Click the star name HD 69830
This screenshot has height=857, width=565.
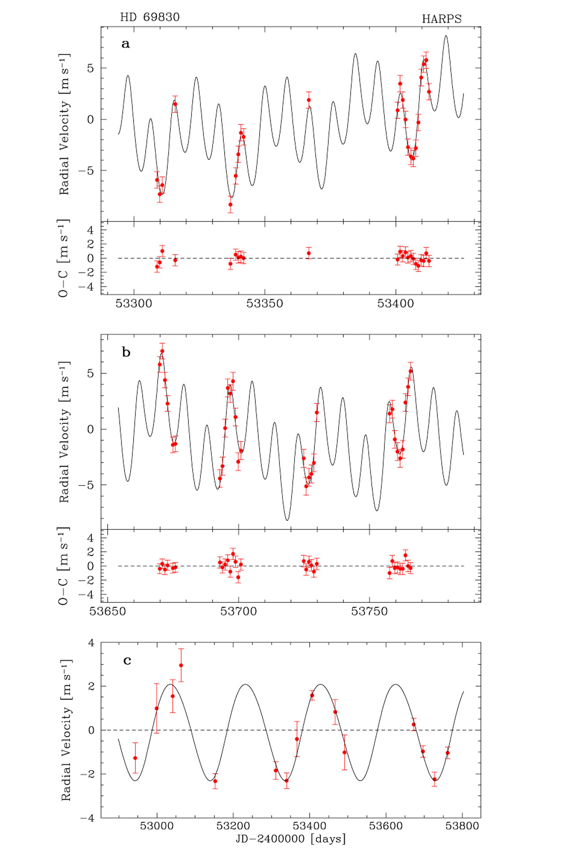pyautogui.click(x=150, y=17)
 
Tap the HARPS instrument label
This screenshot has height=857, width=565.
pyautogui.click(x=441, y=19)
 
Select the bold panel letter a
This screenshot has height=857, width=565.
pyautogui.click(x=126, y=44)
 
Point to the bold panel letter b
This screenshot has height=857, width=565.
pyautogui.click(x=126, y=352)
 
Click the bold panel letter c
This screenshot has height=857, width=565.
pyautogui.click(x=127, y=660)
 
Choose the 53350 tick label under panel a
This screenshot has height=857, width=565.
pyautogui.click(x=265, y=303)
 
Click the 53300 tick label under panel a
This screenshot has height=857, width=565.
pyautogui.click(x=134, y=303)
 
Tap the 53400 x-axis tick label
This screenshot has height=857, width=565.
pyautogui.click(x=395, y=303)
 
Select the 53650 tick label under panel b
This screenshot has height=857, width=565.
pyautogui.click(x=108, y=611)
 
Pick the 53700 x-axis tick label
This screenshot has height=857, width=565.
pyautogui.click(x=238, y=611)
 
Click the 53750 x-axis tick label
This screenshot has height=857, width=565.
pyautogui.click(x=369, y=611)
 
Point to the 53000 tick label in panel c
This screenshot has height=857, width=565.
pyautogui.click(x=157, y=826)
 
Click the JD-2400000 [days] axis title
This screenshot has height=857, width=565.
pyautogui.click(x=290, y=838)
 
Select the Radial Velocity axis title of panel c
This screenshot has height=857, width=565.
pyautogui.click(x=66, y=730)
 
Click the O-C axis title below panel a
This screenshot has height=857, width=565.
pyautogui.click(x=64, y=258)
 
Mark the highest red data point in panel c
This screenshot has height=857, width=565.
pyautogui.click(x=181, y=665)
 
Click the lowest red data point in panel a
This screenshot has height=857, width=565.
pyautogui.click(x=230, y=204)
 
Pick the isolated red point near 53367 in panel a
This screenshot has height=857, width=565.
pyautogui.click(x=309, y=100)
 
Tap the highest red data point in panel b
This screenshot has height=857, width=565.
pyautogui.click(x=162, y=351)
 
